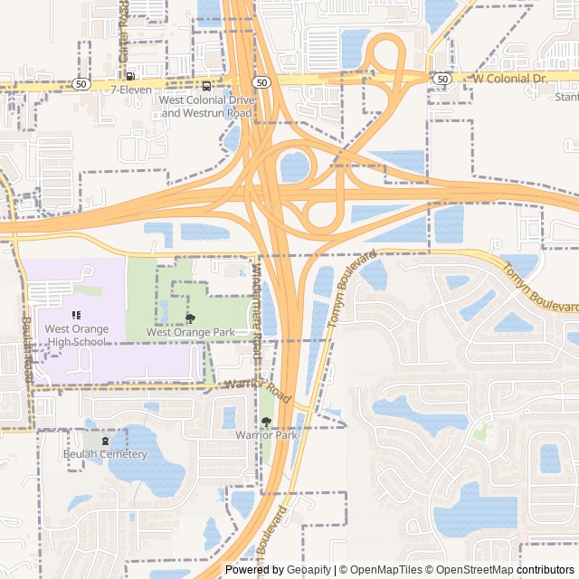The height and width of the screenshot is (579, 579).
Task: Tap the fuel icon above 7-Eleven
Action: coord(131,76)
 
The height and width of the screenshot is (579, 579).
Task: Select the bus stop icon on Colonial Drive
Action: coord(207,87)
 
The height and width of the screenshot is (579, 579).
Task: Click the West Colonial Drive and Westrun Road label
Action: coord(206,108)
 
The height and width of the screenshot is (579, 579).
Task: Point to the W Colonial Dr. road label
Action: coord(511,79)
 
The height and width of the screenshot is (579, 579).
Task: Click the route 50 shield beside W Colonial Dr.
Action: coord(441,80)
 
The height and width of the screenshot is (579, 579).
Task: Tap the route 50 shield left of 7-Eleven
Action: coord(81,83)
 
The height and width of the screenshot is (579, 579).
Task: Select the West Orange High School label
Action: coord(76,336)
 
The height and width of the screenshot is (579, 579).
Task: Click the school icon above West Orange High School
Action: coord(76,315)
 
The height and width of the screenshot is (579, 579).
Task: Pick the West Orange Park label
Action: coord(191,333)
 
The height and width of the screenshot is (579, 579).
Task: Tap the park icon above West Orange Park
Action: coord(190,318)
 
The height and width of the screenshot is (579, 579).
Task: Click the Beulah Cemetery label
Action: coord(105,454)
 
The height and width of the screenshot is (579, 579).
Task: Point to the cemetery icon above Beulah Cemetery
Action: coord(105,441)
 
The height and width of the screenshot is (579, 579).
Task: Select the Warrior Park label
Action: coord(266,436)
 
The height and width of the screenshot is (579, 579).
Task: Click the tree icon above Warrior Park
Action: coord(266,422)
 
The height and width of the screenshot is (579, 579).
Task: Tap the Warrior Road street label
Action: coord(257,390)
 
